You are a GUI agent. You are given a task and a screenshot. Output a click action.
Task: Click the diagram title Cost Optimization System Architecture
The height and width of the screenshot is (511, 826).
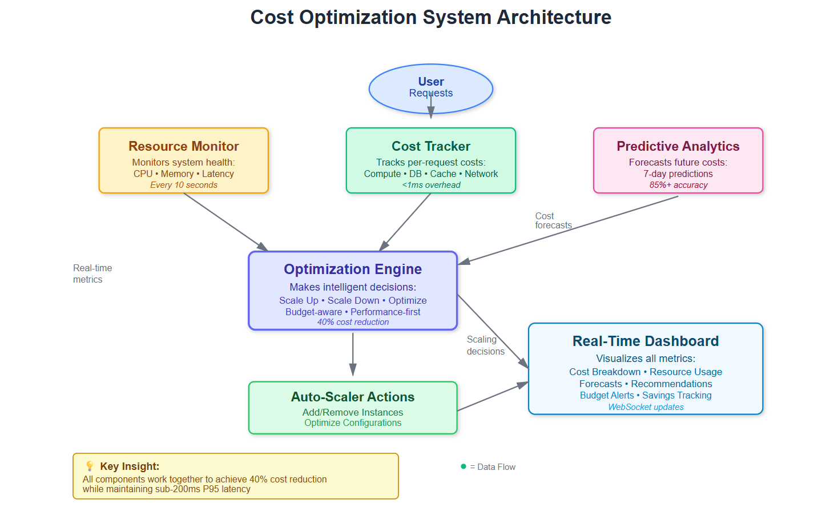click(x=430, y=17)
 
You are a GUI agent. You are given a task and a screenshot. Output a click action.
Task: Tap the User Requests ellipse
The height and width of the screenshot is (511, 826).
click(x=430, y=88)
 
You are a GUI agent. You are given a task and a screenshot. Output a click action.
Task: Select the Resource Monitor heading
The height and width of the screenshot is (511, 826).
click(x=183, y=146)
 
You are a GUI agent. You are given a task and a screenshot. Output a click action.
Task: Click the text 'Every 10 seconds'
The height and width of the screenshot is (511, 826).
click(x=183, y=185)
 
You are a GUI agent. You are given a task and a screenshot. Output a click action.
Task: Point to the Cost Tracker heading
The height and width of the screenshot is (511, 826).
click(x=430, y=146)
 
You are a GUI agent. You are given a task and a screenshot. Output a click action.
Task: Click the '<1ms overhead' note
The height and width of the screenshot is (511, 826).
click(x=430, y=185)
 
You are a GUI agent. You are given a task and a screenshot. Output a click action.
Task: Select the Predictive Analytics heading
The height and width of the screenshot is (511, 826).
click(x=678, y=146)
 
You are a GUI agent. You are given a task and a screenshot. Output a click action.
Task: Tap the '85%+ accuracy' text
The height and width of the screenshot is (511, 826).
click(x=678, y=185)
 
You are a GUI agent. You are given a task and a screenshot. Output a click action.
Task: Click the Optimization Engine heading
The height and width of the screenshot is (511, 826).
click(x=353, y=269)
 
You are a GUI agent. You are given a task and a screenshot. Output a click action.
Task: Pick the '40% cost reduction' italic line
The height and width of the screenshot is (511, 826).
click(x=353, y=322)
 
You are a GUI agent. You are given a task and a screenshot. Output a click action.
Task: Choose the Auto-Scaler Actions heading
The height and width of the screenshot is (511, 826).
click(x=353, y=397)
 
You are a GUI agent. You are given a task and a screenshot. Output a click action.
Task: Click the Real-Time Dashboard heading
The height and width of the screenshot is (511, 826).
click(x=645, y=341)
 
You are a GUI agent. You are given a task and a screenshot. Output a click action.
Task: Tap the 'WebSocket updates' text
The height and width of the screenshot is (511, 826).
click(x=645, y=407)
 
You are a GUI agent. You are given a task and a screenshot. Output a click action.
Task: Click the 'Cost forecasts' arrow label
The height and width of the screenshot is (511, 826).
click(x=553, y=221)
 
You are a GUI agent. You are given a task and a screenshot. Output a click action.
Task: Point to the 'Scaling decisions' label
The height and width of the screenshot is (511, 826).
click(x=485, y=345)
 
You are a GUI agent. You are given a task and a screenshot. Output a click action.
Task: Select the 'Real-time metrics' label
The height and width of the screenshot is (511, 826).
click(x=92, y=273)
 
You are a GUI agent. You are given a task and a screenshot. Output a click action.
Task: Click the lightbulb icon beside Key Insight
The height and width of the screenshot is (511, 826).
click(x=90, y=466)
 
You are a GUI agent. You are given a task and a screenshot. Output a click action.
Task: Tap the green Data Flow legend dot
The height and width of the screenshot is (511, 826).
click(x=464, y=466)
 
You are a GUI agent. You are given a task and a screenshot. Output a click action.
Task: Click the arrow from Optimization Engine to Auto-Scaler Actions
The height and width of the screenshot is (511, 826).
click(x=353, y=354)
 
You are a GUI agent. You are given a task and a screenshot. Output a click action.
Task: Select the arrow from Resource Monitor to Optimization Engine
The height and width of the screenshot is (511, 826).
click(x=225, y=222)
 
